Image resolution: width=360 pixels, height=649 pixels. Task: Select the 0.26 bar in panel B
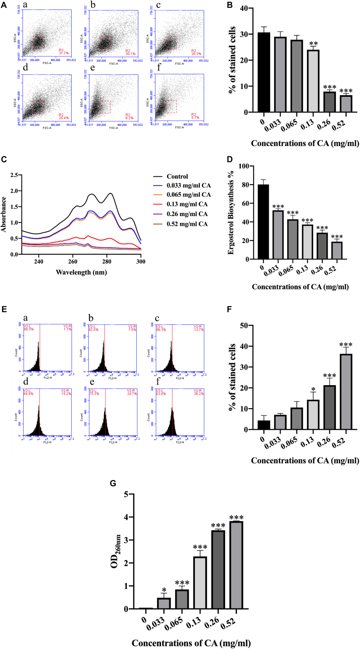click(329, 102)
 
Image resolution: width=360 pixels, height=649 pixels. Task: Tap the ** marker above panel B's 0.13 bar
click(313, 43)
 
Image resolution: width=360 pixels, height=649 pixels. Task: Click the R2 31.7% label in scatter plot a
click(63, 52)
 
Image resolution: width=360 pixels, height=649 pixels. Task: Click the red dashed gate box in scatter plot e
click(105, 107)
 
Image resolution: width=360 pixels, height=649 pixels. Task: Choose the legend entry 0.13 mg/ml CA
click(187, 204)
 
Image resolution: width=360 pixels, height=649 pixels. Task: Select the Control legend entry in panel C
click(177, 177)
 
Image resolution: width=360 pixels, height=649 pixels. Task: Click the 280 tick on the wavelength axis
click(107, 261)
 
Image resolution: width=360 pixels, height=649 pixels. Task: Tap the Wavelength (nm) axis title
click(81, 272)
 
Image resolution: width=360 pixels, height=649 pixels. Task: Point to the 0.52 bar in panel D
click(337, 250)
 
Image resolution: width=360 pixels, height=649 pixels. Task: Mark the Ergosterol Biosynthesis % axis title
click(230, 213)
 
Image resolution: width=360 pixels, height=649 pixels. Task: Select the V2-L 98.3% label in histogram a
click(28, 328)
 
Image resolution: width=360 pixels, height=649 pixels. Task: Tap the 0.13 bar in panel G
click(200, 583)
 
